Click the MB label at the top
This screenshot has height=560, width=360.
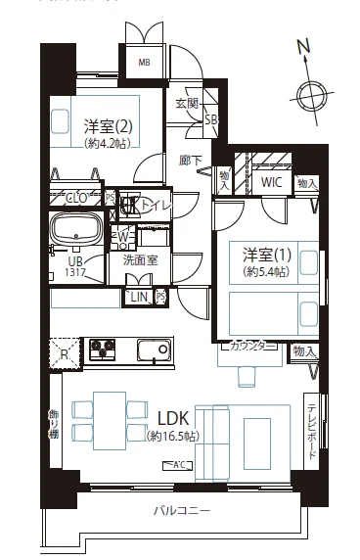[144, 64]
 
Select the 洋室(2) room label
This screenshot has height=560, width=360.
[108, 126]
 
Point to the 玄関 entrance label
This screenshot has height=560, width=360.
[186, 103]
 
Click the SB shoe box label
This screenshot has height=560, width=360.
[209, 119]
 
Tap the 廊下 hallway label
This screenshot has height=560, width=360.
[191, 161]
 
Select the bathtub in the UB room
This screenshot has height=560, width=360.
[78, 231]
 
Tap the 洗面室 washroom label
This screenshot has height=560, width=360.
[141, 261]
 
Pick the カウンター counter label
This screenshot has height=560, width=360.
[251, 346]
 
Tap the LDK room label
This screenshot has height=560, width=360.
[168, 415]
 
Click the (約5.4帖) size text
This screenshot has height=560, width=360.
[265, 271]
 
